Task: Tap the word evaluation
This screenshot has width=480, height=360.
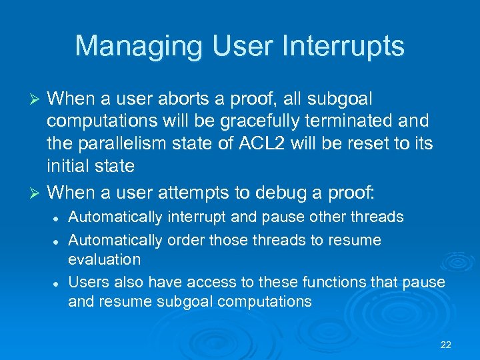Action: click(104, 259)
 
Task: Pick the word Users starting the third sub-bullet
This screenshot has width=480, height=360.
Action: click(87, 282)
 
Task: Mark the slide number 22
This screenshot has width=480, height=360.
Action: click(446, 345)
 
